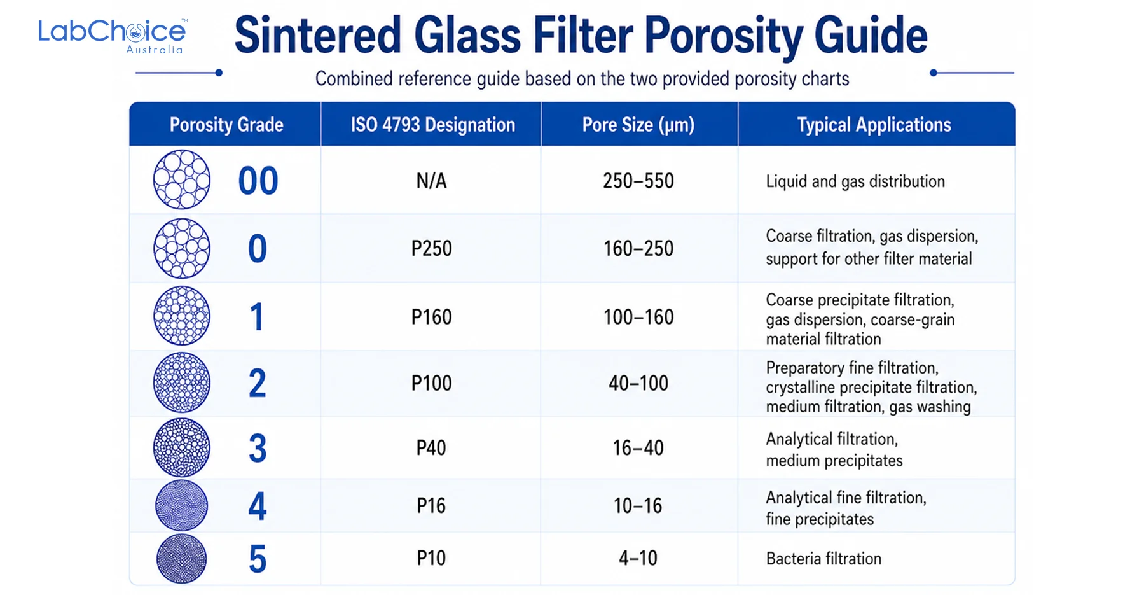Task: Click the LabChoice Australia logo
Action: click(113, 36)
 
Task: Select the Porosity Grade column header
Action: click(226, 125)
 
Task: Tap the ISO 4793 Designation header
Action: click(433, 125)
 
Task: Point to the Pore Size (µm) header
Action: click(638, 125)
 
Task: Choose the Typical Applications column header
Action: click(874, 125)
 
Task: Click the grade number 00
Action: click(258, 181)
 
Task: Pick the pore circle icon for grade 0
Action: click(182, 248)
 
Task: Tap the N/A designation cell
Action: click(432, 181)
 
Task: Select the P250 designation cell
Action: click(432, 248)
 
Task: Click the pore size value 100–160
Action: click(638, 317)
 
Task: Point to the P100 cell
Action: click(432, 383)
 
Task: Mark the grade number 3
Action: click(258, 448)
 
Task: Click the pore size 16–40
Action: click(638, 448)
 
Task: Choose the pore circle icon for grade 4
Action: click(182, 506)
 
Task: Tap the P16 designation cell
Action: click(432, 506)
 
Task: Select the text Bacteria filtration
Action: click(823, 559)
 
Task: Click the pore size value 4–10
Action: click(638, 559)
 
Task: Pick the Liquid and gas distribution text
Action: click(855, 181)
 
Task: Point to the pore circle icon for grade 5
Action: click(182, 559)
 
